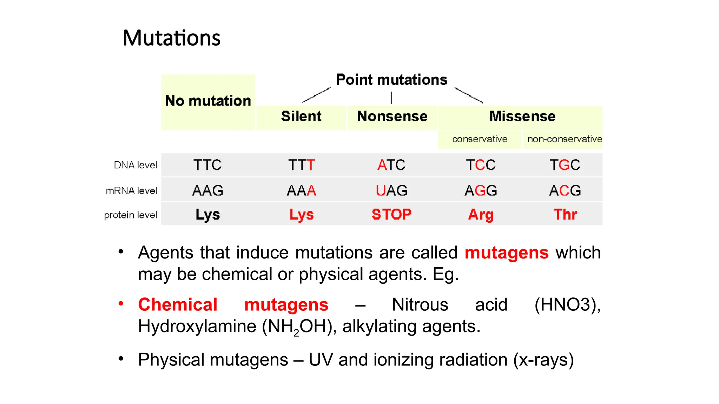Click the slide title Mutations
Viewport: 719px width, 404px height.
point(171,38)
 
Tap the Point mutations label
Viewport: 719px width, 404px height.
point(391,80)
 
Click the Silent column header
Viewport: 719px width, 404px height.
point(301,116)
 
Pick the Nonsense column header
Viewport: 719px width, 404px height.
point(392,116)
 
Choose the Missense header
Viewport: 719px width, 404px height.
point(522,116)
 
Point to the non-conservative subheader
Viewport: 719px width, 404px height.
point(564,139)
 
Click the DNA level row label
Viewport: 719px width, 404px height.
point(135,165)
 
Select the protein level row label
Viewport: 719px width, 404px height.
point(130,215)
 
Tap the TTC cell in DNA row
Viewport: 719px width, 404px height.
point(207,165)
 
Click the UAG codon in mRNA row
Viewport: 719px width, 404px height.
point(391,191)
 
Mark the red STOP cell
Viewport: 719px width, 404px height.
point(391,214)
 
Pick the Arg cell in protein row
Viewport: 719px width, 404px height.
point(481,215)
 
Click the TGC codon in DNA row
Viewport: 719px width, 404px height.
point(565,165)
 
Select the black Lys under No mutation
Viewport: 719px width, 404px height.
point(207,215)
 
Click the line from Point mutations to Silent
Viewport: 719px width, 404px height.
point(317,95)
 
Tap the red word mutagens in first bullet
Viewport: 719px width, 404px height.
point(506,253)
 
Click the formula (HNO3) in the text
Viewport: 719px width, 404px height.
point(567,305)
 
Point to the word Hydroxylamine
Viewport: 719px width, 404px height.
point(197,326)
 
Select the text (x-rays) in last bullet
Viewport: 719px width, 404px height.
point(543,360)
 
